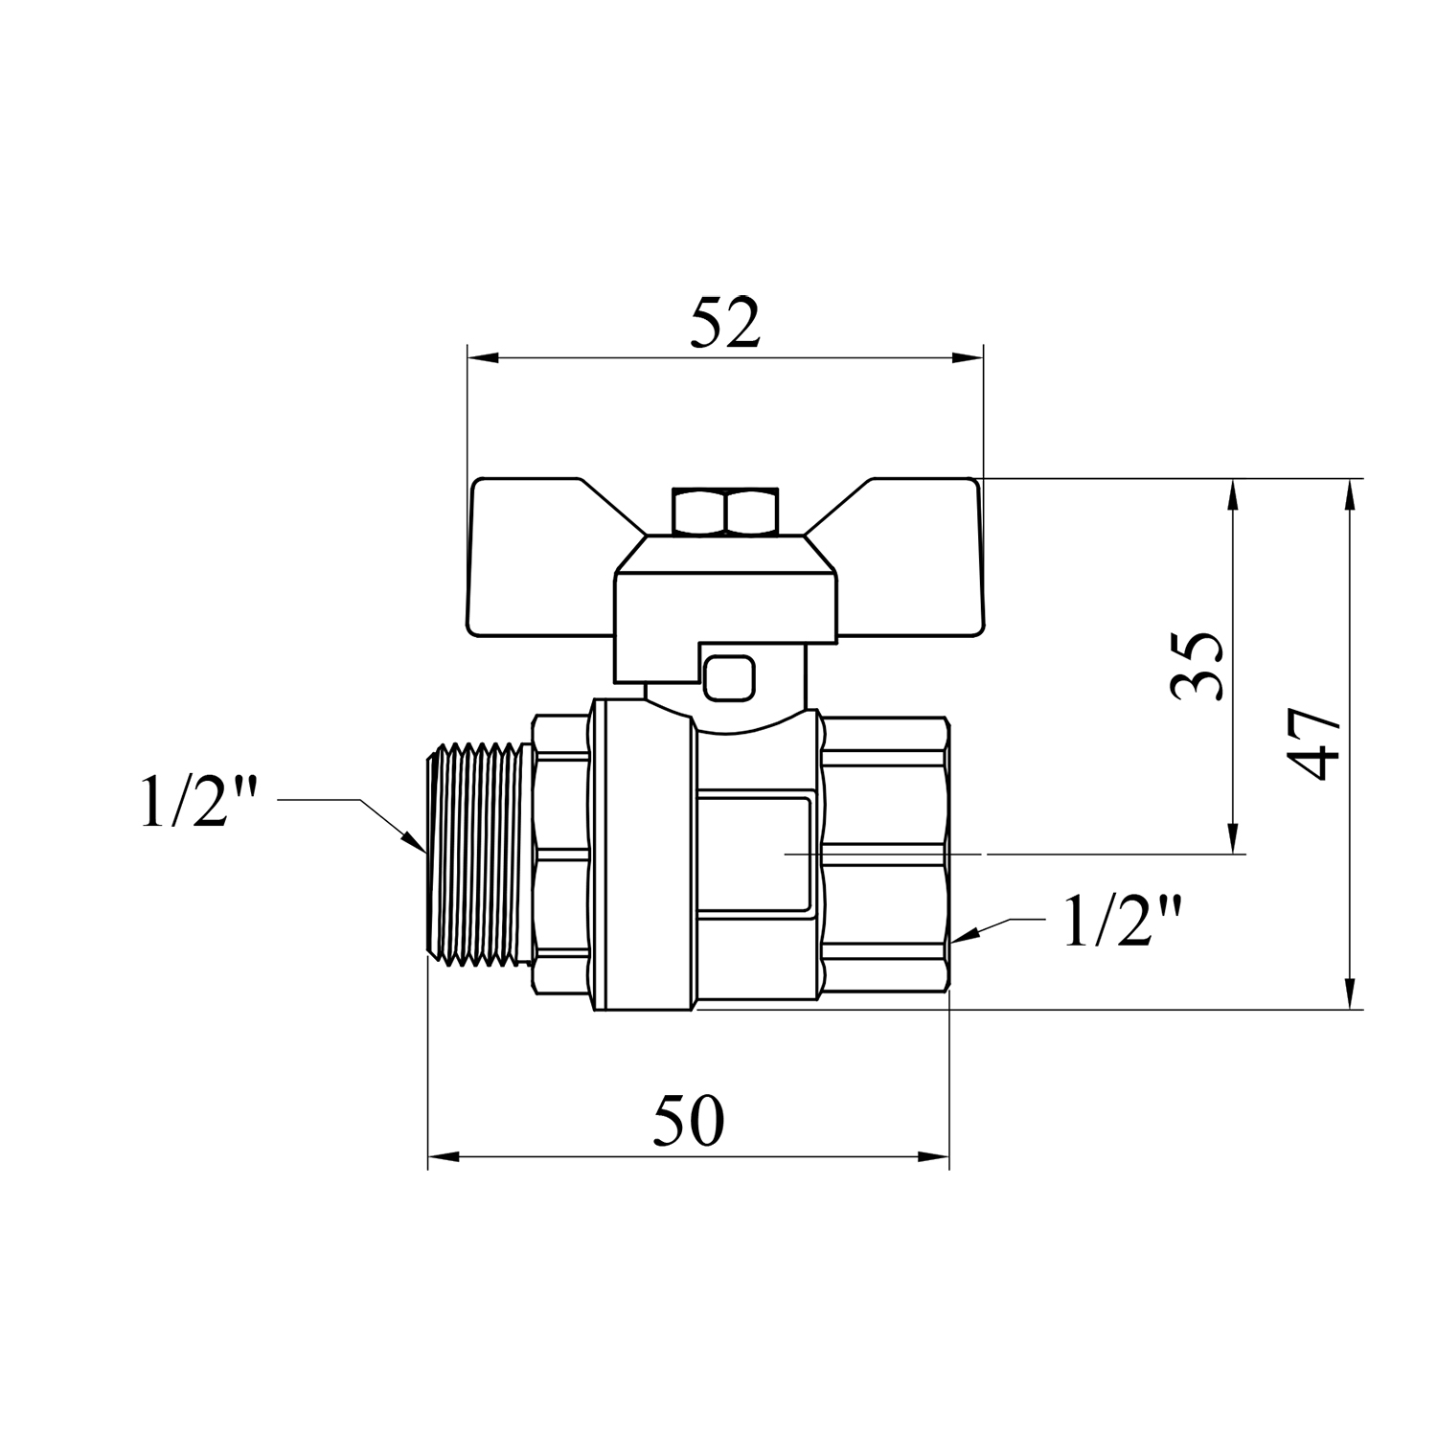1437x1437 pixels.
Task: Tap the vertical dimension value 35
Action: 1197,667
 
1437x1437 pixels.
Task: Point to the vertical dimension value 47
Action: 1313,744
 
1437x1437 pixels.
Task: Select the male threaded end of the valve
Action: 479,853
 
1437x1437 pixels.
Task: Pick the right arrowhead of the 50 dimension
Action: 933,1156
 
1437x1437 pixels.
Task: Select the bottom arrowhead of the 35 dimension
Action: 1234,836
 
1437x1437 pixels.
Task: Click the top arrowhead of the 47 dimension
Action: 1350,494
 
